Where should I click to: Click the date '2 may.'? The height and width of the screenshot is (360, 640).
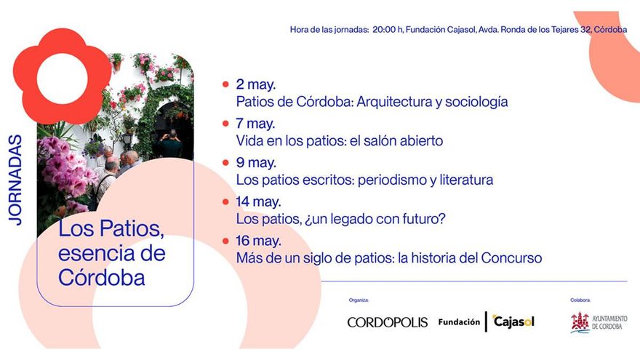click(x=255, y=84)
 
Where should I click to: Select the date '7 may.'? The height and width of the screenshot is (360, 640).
click(x=255, y=123)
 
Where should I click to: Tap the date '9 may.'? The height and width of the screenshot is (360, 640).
click(x=255, y=162)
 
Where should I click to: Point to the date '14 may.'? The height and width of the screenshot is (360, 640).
click(x=258, y=201)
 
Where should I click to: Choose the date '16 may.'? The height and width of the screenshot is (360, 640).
click(x=258, y=240)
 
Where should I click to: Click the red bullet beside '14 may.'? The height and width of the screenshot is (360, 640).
click(x=225, y=201)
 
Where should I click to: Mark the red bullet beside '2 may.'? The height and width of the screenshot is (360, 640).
click(x=225, y=84)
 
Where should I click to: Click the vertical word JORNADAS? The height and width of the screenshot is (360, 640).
click(x=15, y=179)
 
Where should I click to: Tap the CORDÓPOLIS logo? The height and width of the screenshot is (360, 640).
click(x=387, y=322)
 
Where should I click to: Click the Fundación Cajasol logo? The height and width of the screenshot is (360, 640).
click(x=486, y=321)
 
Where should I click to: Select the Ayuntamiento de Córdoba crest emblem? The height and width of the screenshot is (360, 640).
click(x=579, y=322)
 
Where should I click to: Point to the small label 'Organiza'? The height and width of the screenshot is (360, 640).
click(x=358, y=300)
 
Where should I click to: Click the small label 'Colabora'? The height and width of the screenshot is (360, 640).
click(x=580, y=300)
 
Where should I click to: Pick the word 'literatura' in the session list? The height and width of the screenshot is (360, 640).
click(x=464, y=180)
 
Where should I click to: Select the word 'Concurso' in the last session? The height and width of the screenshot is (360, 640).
click(x=513, y=257)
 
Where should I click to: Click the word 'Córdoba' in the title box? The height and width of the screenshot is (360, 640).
click(x=102, y=278)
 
